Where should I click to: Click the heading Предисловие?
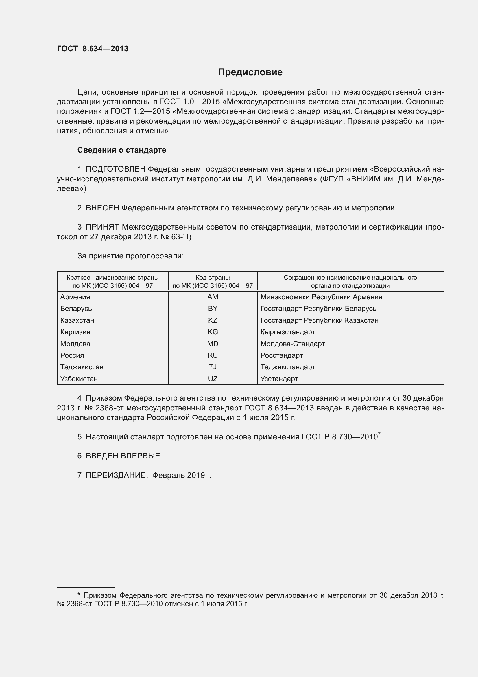click(x=250, y=72)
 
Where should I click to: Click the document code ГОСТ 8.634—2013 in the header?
click(x=93, y=49)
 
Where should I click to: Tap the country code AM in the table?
click(x=213, y=297)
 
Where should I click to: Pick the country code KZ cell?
click(x=213, y=320)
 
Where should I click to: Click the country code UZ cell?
click(x=213, y=379)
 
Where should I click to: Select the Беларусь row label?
click(x=76, y=309)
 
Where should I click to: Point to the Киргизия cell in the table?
click(x=75, y=332)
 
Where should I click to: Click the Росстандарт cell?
click(x=281, y=355)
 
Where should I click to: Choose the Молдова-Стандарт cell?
click(x=292, y=344)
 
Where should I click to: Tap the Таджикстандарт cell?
click(x=287, y=367)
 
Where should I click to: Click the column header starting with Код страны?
click(x=213, y=281)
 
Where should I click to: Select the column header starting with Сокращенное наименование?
click(x=350, y=281)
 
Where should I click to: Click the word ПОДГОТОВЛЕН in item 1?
click(x=115, y=169)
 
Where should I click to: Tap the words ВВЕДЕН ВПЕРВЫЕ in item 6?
click(x=123, y=456)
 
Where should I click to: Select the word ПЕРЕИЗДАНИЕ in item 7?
click(x=117, y=475)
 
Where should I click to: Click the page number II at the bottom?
click(x=59, y=615)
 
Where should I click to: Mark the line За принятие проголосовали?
click(x=130, y=256)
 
